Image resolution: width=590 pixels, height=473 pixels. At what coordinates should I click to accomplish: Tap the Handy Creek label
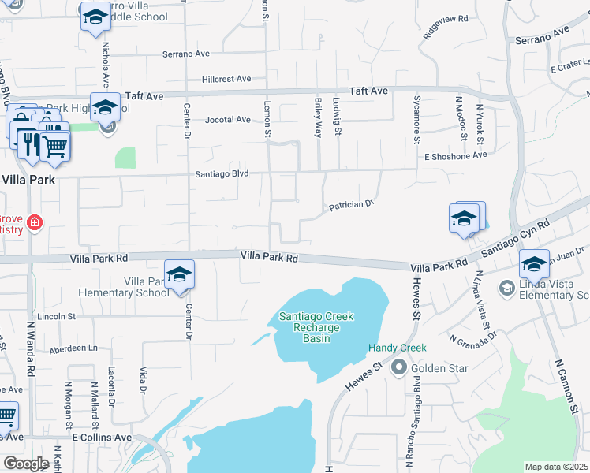[x=397, y=348]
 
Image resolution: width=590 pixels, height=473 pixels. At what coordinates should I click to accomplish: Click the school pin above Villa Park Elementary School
[x=180, y=275]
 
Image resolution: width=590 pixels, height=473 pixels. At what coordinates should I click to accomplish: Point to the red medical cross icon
[x=33, y=223]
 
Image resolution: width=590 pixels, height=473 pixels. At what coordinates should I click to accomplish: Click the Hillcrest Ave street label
[x=226, y=79]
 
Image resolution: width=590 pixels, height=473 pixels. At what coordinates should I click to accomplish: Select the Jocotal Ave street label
[x=227, y=120]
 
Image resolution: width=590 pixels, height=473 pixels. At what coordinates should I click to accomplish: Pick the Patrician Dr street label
[x=350, y=205]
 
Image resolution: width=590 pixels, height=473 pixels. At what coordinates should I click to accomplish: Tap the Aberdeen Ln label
[x=73, y=348]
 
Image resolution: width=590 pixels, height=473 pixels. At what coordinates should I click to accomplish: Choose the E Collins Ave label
[x=102, y=437]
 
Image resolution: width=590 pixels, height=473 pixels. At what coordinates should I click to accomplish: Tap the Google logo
[x=26, y=464]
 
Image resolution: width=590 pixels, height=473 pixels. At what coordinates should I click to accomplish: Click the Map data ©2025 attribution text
[x=556, y=467]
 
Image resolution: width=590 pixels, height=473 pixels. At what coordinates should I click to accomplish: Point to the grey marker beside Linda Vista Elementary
[x=505, y=289]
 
